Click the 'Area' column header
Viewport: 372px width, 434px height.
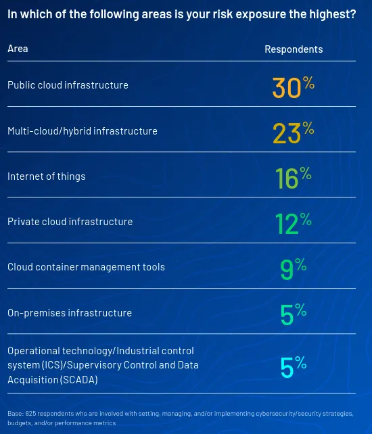18,49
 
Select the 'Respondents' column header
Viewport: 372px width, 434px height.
294,49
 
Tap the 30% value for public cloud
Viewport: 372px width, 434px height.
294,87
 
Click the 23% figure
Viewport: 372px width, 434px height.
294,132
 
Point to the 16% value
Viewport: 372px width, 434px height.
294,178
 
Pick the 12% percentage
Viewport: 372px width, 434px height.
294,223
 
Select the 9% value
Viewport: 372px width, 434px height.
294,269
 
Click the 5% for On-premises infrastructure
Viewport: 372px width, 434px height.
294,314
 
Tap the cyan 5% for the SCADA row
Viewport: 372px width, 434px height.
294,367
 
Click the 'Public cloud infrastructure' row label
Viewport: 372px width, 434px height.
68,85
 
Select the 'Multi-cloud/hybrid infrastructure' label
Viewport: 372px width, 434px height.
83,131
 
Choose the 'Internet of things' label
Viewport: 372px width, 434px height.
46,176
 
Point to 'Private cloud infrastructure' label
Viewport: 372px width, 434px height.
70,222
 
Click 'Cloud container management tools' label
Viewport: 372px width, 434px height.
86,267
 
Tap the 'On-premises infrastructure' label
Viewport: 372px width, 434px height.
70,313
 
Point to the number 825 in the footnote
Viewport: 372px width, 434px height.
30,414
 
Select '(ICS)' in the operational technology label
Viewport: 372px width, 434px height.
52,365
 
